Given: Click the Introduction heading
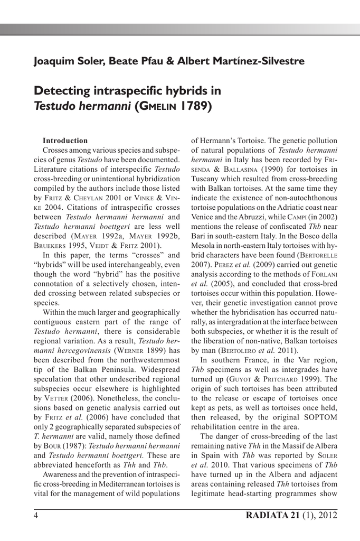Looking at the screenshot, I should click(x=65, y=141).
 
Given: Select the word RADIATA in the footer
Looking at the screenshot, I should click(x=266, y=516).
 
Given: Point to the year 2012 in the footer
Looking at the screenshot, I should click(x=326, y=516).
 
